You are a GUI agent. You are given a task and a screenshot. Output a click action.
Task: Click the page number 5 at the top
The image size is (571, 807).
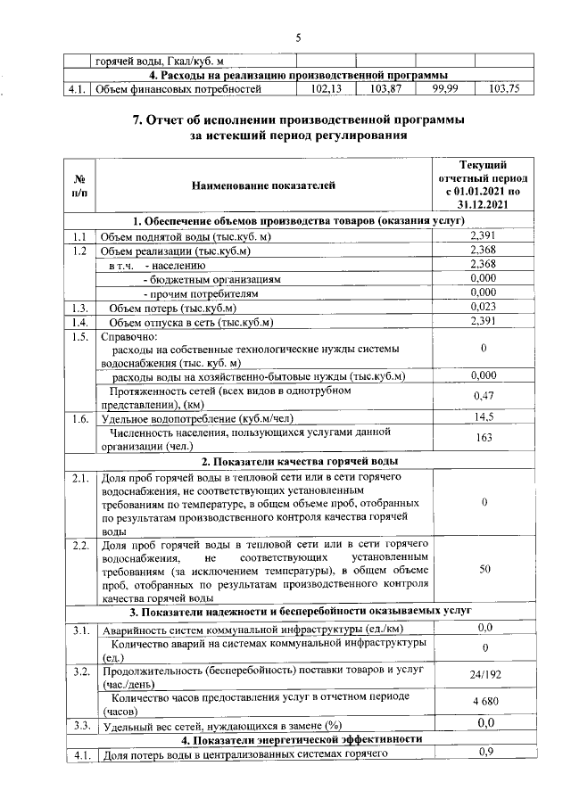click(299, 37)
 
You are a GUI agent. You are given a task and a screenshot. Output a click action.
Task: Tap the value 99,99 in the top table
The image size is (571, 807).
click(445, 89)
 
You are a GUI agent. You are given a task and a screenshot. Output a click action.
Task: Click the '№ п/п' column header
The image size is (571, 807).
click(79, 185)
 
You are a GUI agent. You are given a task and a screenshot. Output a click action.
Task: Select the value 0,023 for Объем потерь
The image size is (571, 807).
click(483, 306)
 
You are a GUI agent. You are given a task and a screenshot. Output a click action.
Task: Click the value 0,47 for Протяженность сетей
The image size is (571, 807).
click(483, 395)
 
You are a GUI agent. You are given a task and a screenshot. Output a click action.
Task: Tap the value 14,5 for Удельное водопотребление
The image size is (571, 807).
click(483, 416)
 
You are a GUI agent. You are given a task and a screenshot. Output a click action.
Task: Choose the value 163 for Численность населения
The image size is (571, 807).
click(483, 438)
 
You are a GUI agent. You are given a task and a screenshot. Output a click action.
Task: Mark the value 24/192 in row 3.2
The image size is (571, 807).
click(483, 675)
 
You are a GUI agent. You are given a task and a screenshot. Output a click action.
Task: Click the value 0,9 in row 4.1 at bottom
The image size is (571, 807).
click(486, 753)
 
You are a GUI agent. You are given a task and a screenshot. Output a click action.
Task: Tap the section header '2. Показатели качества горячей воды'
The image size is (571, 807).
click(299, 461)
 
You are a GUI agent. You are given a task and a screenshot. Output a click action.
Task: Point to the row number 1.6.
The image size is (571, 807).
click(79, 417)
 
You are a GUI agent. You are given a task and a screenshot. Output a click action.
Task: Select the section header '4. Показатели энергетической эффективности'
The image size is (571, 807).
click(299, 739)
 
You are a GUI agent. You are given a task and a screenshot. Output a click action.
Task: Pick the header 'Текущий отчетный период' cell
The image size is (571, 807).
click(483, 185)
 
